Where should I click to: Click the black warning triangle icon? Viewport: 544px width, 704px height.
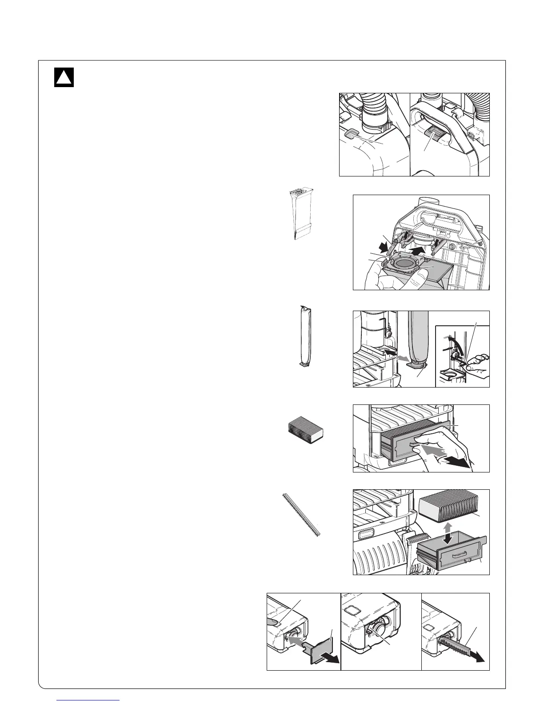tap(64, 77)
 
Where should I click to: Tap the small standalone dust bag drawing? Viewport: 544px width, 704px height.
tap(301, 214)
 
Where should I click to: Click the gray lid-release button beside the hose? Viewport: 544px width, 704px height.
tap(352, 134)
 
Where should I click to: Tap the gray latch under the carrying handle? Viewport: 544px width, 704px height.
tap(433, 133)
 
